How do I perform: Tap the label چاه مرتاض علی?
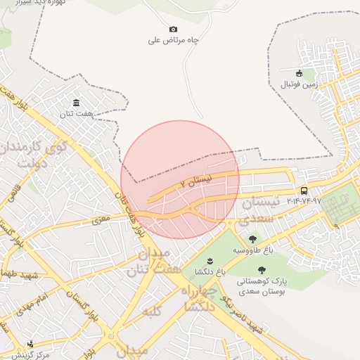(174, 40)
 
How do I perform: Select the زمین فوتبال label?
(300, 84)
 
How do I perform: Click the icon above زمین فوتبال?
(300, 72)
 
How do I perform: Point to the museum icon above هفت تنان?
(76, 102)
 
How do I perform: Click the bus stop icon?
(304, 191)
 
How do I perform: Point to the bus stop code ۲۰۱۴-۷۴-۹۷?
(304, 201)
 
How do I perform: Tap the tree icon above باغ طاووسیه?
(252, 240)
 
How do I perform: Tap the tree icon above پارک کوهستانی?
(262, 270)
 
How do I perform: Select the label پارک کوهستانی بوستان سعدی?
(262, 285)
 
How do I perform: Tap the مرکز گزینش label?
(34, 354)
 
